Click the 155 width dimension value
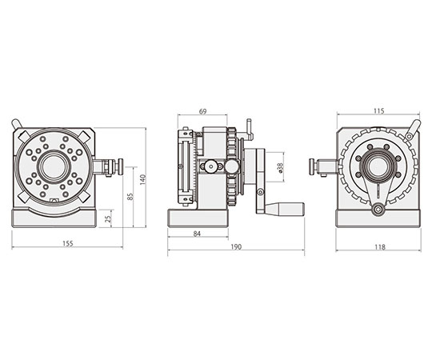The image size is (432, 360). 68,243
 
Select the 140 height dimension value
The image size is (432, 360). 142,179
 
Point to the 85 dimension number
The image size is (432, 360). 130,196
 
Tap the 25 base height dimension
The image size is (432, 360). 108,218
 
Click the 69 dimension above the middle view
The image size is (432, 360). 202,111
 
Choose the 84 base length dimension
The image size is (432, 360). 197,234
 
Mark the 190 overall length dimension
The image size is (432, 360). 236,246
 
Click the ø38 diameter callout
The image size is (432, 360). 280,167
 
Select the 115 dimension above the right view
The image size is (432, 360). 379,111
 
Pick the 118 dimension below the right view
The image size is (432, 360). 379,247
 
